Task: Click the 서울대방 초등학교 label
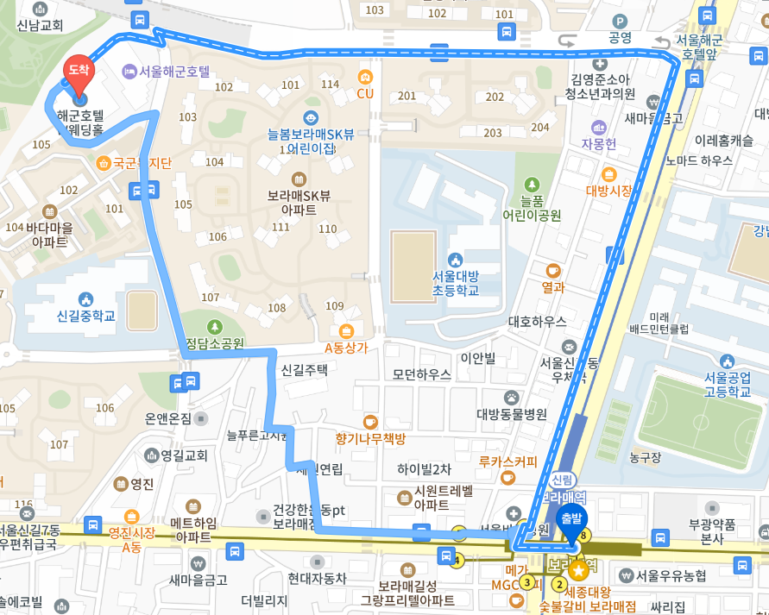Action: [456, 283]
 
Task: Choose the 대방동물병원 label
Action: [512, 413]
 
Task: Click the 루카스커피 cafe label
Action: [507, 461]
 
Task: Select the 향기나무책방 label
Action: [370, 437]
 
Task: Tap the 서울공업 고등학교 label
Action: [727, 384]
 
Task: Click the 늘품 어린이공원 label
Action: [532, 207]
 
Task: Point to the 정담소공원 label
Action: [215, 342]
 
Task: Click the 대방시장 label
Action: [609, 190]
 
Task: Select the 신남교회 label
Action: [40, 25]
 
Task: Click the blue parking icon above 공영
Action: [619, 21]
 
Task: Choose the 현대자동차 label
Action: [317, 578]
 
